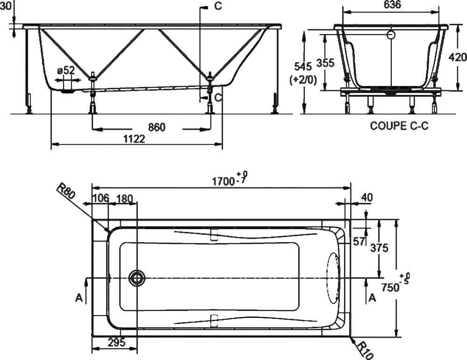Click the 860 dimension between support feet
pos(156,127)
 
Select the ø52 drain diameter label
pos(66,71)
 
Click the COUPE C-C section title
pos(399,126)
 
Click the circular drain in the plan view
pos(137,278)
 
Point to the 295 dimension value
pos(116,342)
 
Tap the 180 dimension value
pos(124,198)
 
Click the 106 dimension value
pos(100,198)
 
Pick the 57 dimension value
pos(359,241)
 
